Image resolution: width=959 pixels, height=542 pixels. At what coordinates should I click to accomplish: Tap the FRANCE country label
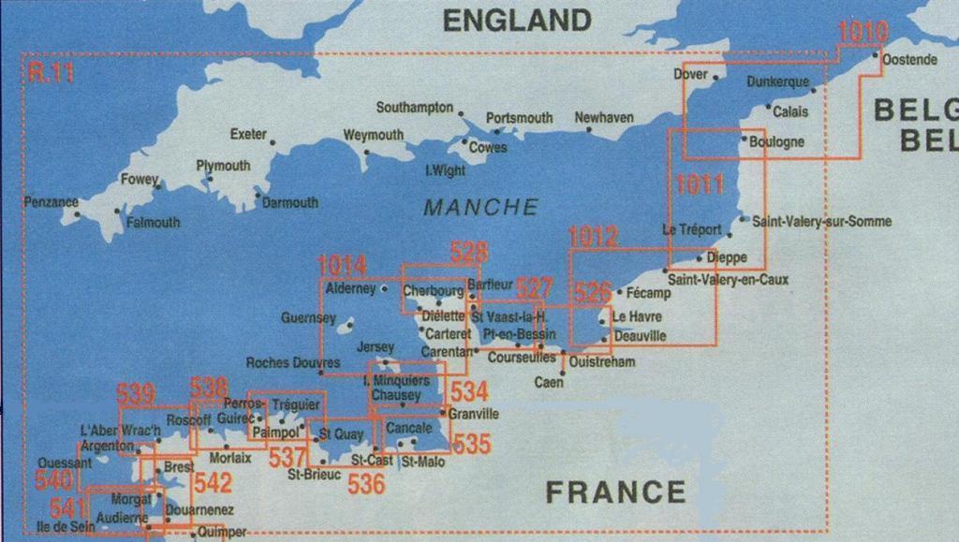point(614,491)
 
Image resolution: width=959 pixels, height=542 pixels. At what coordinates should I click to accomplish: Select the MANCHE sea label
point(480,207)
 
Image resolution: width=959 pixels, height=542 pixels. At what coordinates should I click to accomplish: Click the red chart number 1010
point(862,31)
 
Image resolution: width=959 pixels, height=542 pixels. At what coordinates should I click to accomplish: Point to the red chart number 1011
point(700,184)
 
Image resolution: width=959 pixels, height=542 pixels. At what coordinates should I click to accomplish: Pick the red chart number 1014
point(342,266)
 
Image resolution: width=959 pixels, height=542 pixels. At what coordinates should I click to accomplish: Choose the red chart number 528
point(468,251)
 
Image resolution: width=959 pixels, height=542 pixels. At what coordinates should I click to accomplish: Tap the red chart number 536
point(365,483)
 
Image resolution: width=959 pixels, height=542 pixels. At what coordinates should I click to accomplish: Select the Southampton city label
point(414,108)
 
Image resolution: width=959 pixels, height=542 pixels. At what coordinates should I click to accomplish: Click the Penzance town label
point(51,201)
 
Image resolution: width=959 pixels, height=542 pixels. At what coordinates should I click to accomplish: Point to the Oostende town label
point(909,60)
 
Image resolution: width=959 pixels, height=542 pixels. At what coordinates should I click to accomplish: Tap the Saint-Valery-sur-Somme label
point(821,222)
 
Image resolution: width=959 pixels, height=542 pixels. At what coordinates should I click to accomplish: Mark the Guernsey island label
point(308,318)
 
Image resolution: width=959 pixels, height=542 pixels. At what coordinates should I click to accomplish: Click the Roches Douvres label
point(293,362)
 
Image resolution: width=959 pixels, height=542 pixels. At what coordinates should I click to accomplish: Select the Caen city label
point(548,382)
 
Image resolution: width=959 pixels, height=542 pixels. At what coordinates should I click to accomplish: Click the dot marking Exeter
point(273,142)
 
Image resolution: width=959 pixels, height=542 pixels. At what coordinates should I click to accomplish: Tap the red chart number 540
point(52,480)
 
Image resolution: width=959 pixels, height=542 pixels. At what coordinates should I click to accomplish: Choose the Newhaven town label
point(603,118)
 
